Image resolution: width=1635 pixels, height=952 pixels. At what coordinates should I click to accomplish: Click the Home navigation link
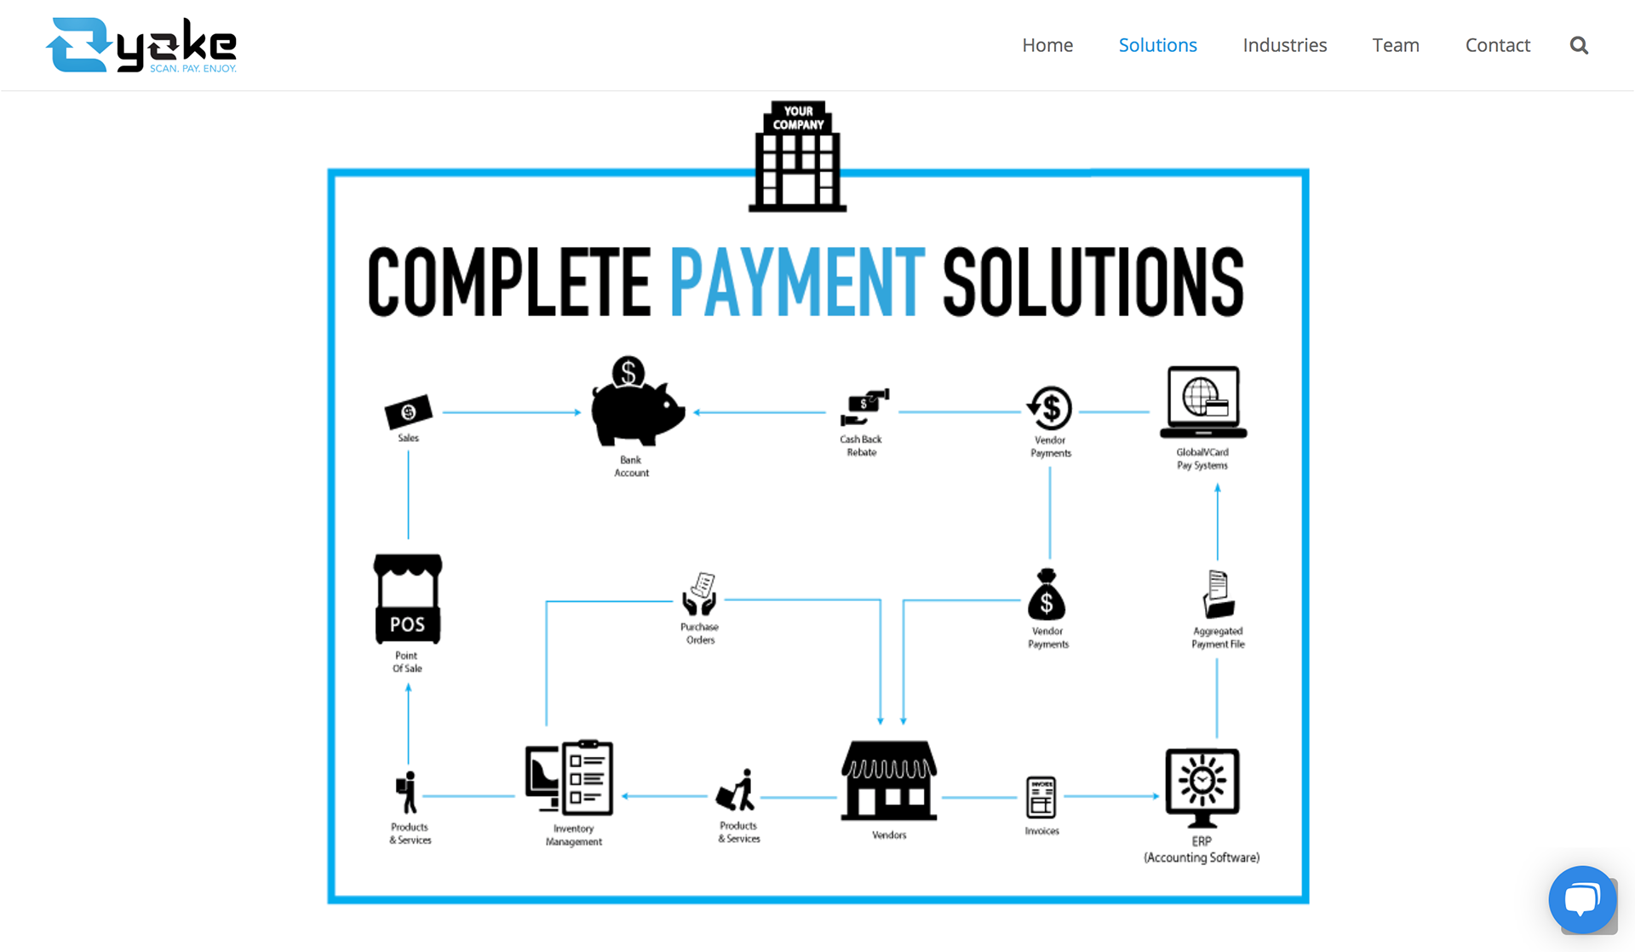[x=1047, y=45]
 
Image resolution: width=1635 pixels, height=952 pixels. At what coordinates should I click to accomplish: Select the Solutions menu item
[x=1157, y=45]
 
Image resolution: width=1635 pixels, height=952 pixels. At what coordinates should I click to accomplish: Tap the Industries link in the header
[x=1284, y=45]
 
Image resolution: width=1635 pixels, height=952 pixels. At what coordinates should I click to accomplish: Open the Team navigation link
[x=1396, y=45]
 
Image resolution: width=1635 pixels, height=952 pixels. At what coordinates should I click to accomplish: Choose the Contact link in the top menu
[x=1497, y=45]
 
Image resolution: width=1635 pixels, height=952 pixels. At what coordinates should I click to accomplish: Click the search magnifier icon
[x=1579, y=45]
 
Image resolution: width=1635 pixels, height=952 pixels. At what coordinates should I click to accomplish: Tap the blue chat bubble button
[x=1581, y=899]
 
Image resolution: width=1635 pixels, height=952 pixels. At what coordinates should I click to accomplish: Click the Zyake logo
[x=141, y=45]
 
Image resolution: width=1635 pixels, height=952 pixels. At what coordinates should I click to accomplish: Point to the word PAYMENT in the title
[x=797, y=283]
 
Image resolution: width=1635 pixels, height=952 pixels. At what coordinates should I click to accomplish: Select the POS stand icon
[x=408, y=599]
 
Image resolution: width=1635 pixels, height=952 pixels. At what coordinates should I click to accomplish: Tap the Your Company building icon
[x=798, y=157]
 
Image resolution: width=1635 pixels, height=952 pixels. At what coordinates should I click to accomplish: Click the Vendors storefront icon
[x=889, y=781]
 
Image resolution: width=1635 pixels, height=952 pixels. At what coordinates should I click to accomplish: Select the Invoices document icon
[x=1041, y=797]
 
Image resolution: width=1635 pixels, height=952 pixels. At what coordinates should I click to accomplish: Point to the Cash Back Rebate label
[x=861, y=446]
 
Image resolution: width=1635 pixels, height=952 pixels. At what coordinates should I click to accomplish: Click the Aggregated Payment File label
[x=1218, y=638]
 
